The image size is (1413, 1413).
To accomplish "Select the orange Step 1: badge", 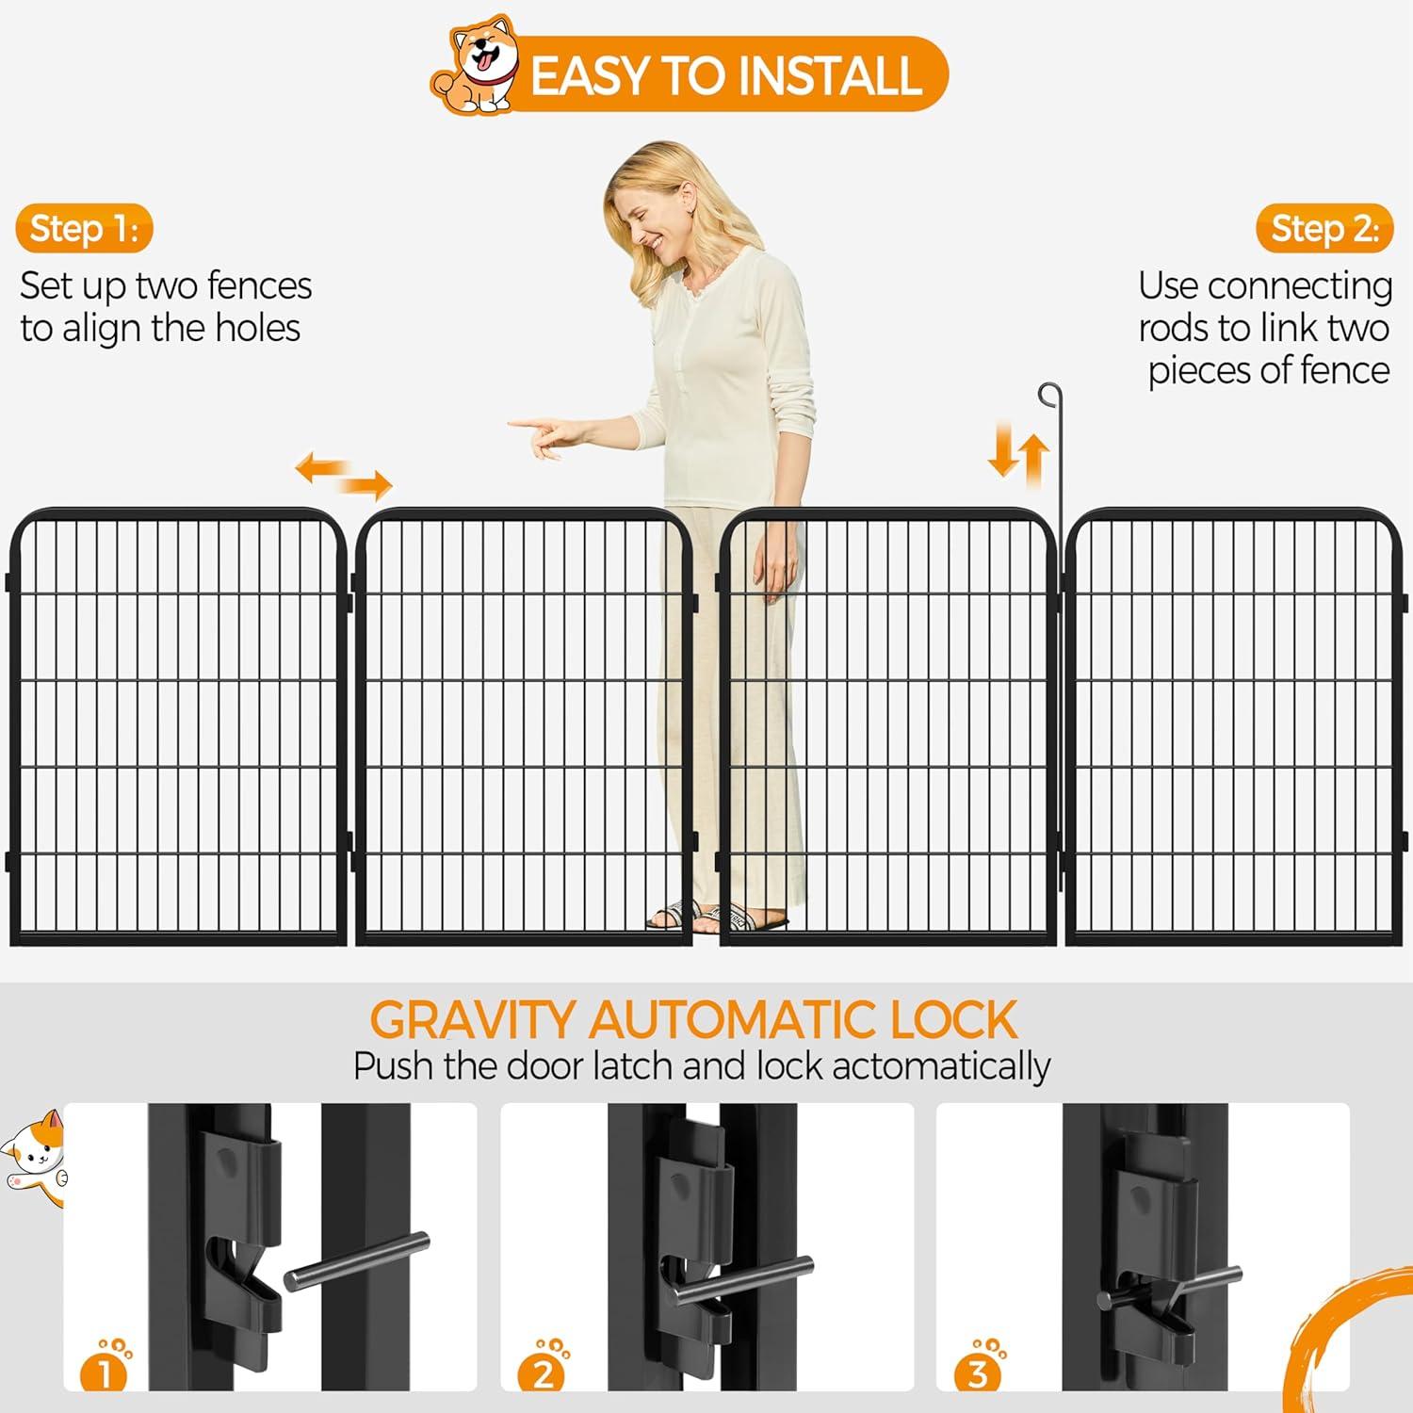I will pos(84,229).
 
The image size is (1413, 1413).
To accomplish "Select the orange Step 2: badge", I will pos(1324,229).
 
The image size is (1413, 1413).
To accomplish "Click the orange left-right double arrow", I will pos(344,475).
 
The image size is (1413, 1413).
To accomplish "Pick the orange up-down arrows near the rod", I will pos(1018,453).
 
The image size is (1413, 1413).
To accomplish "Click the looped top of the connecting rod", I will pos(1049,395).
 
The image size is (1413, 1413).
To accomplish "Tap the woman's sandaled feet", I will pos(716,915).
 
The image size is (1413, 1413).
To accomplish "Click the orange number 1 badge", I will pos(104,1372).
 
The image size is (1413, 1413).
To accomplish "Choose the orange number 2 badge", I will pos(542,1372).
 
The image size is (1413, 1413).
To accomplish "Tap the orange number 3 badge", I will pos(978,1372).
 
